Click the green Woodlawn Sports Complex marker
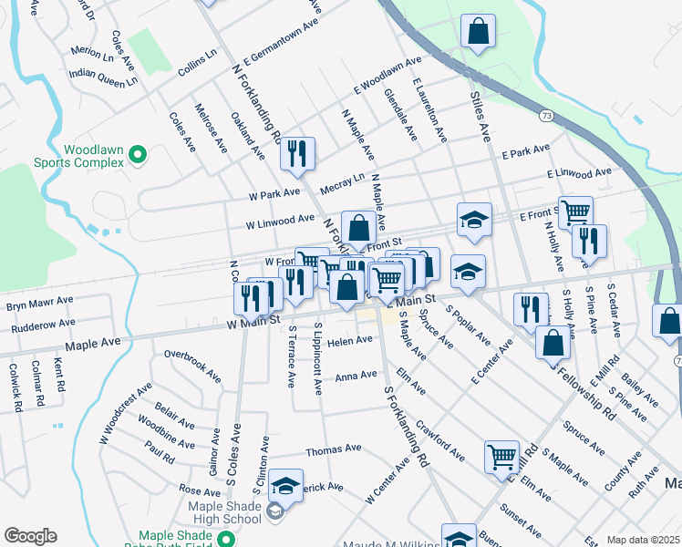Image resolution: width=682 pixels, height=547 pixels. pyautogui.click(x=138, y=155)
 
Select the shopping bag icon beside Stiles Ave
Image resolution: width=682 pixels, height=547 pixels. pyautogui.click(x=478, y=32)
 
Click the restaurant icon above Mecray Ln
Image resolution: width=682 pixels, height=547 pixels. pyautogui.click(x=297, y=154)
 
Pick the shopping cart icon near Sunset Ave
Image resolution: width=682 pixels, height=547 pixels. pyautogui.click(x=501, y=457)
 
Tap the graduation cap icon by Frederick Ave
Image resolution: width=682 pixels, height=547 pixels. pyautogui.click(x=286, y=487)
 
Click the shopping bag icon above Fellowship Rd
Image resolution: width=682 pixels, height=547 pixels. pyautogui.click(x=553, y=343)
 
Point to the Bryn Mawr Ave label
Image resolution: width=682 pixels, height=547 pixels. pyautogui.click(x=40, y=302)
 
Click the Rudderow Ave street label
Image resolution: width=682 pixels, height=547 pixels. pyautogui.click(x=38, y=323)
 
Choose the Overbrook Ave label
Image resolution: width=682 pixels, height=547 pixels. pyautogui.click(x=191, y=364)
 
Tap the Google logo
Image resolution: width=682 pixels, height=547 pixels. pyautogui.click(x=30, y=536)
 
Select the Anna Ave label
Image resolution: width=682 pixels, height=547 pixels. pyautogui.click(x=356, y=376)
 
